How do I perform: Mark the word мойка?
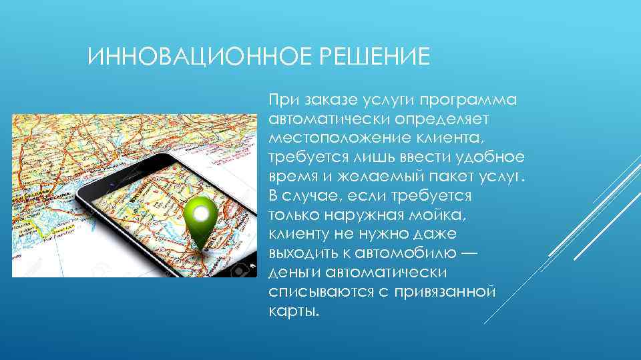point(451,216)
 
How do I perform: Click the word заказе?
point(328,101)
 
